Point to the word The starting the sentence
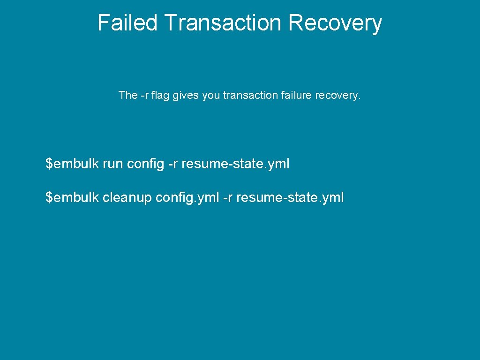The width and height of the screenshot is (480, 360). click(128, 95)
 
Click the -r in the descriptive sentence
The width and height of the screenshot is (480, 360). click(145, 95)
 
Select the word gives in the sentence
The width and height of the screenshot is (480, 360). click(186, 96)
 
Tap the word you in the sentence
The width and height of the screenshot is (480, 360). click(211, 96)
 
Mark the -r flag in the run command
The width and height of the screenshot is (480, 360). click(172, 164)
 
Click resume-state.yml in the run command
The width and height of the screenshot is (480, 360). click(235, 164)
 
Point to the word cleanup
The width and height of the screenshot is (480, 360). click(127, 198)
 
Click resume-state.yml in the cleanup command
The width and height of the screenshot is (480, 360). click(290, 197)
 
